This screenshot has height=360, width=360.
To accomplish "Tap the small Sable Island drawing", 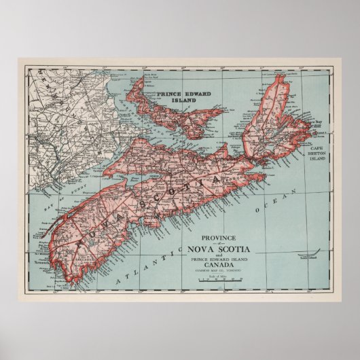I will (306, 257).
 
